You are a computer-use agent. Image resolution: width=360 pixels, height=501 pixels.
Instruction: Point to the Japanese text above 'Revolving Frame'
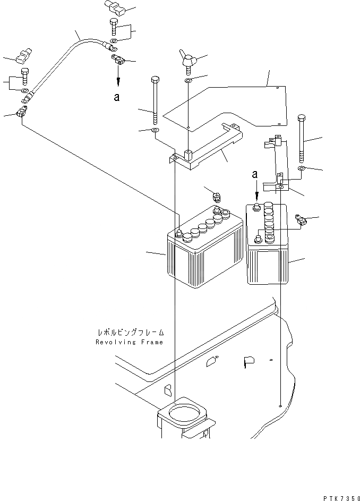point(130,333)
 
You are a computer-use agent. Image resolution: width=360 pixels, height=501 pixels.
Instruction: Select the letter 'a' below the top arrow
point(117,97)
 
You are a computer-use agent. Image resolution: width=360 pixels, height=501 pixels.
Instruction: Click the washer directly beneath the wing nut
point(188,81)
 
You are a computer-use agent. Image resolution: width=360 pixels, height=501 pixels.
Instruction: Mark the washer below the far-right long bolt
point(302,168)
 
